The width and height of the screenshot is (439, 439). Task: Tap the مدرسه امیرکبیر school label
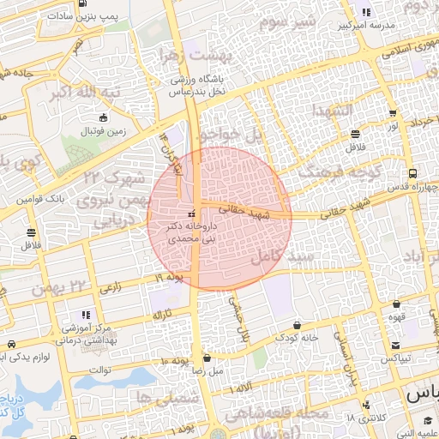pos(365,25)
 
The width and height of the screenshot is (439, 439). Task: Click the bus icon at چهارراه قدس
pos(414,171)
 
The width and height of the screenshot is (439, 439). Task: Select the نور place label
pos(392,126)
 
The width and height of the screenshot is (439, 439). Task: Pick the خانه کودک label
pos(298,337)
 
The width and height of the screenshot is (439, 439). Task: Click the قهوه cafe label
pos(396,316)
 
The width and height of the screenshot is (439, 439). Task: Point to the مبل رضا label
pos(207,370)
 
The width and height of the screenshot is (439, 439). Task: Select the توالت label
pos(101,370)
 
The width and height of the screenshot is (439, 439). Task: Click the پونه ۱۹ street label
pos(171,278)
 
